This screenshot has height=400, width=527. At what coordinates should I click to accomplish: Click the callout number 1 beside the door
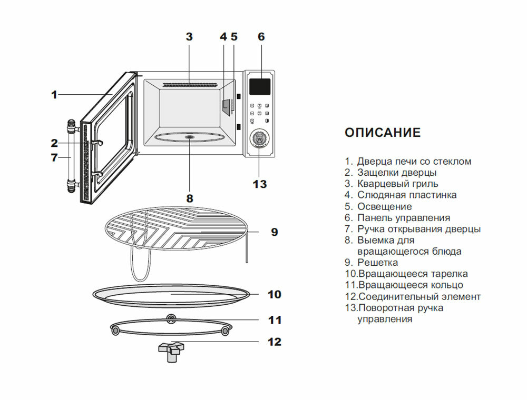[x=54, y=95]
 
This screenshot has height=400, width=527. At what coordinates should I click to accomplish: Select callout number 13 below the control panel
[x=260, y=184]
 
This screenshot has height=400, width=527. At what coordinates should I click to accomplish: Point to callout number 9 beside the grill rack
[x=274, y=232]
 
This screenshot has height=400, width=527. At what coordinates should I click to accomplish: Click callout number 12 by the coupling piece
[x=275, y=342]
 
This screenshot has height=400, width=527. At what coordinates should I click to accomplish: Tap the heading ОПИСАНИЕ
[x=383, y=133]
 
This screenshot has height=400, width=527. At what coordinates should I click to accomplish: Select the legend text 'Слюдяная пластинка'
[x=407, y=195]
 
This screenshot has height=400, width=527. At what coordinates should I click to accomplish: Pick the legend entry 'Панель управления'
[x=403, y=217]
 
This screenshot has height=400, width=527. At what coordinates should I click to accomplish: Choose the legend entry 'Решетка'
[x=377, y=262]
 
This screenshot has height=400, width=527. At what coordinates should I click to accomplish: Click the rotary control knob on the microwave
[x=258, y=139]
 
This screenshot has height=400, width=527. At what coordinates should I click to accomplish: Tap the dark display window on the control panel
[x=260, y=85]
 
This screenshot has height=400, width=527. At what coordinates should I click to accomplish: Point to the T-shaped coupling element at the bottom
[x=171, y=350]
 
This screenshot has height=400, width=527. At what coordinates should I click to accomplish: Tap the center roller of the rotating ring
[x=170, y=317]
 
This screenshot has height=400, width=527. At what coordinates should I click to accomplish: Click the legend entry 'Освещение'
[x=384, y=206]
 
